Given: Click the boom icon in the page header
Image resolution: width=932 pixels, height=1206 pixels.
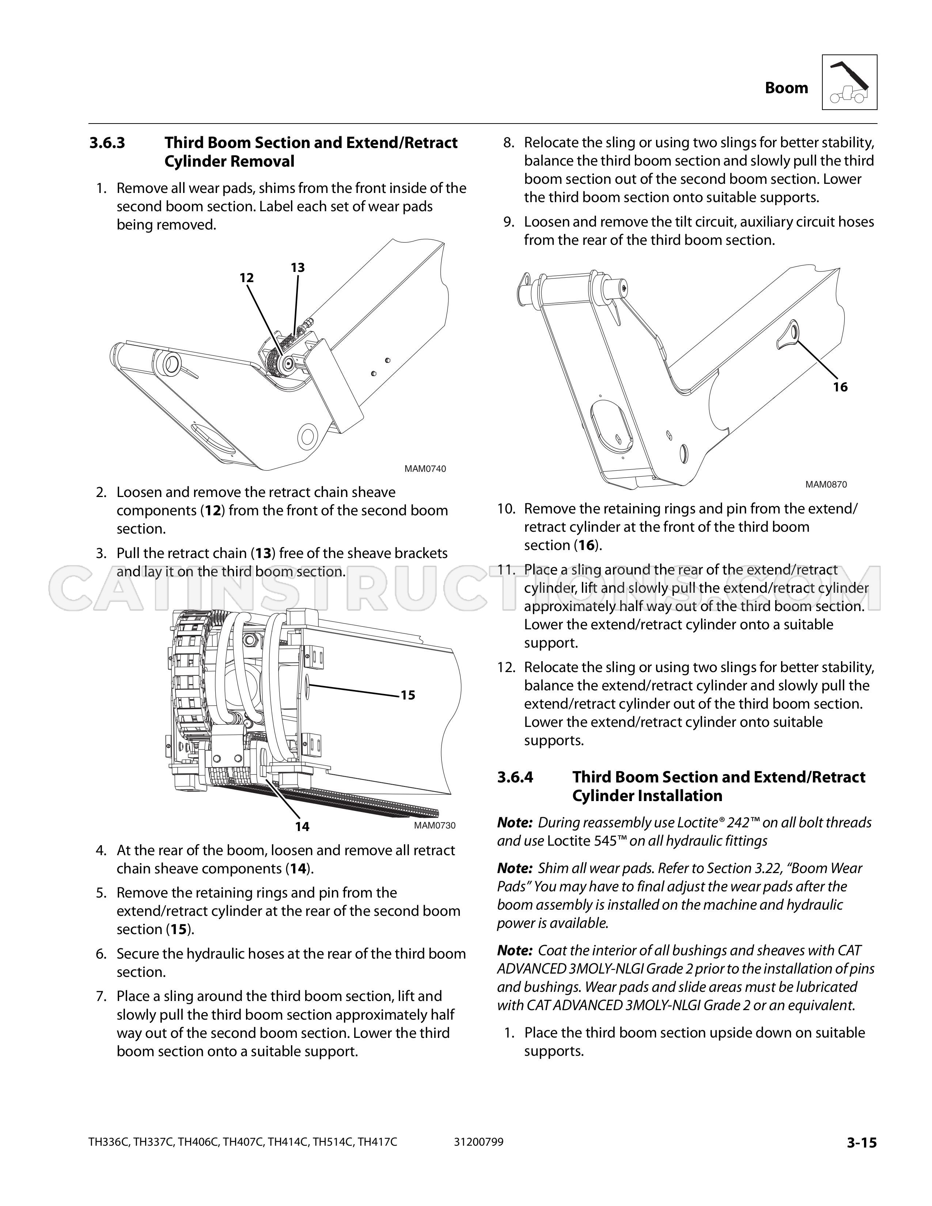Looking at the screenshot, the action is click(x=849, y=82).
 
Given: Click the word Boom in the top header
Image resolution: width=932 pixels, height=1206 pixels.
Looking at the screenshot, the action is click(x=786, y=88).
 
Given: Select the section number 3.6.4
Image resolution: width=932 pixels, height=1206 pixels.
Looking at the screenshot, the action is click(x=515, y=777).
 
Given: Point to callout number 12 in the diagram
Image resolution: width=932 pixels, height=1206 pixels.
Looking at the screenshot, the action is click(x=247, y=278).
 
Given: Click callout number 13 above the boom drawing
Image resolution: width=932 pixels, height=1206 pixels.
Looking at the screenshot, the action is click(x=298, y=268).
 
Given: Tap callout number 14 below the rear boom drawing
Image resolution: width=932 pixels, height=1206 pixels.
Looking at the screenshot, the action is click(x=302, y=827).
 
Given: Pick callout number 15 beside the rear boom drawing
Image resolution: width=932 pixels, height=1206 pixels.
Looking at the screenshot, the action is click(x=408, y=695).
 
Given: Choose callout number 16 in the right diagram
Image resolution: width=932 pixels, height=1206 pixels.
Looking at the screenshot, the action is click(x=840, y=387).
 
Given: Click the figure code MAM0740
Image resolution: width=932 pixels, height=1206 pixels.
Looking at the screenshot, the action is click(x=425, y=469).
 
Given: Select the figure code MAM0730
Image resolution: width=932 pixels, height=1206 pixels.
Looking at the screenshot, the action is click(x=435, y=826).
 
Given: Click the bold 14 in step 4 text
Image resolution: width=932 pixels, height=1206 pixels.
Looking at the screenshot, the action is click(x=298, y=869).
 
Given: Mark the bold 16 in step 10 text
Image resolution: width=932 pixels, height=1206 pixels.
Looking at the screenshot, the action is click(x=586, y=546).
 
